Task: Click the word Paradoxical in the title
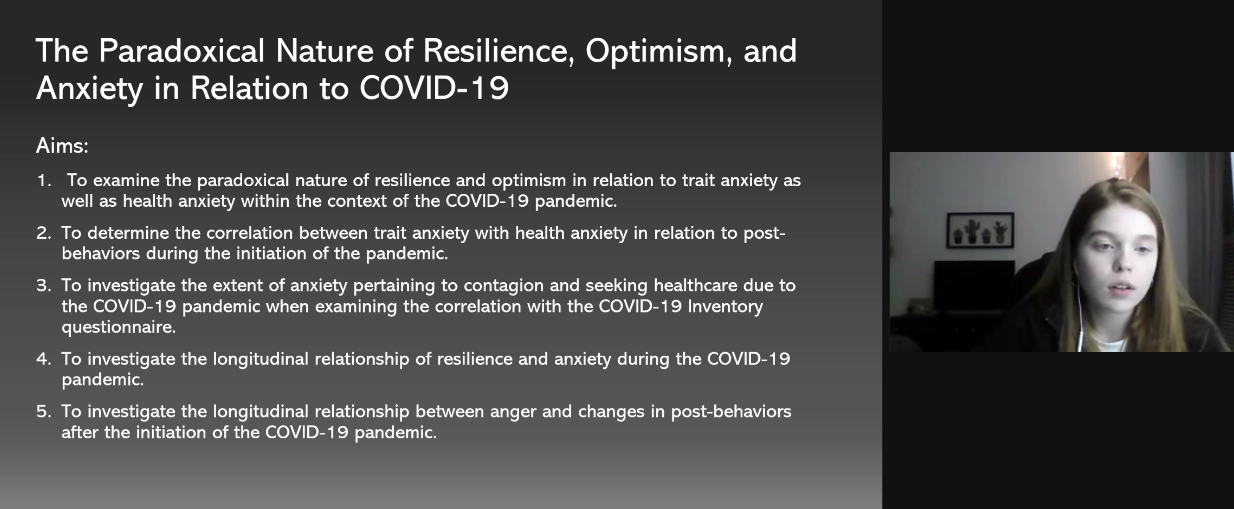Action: coord(181,51)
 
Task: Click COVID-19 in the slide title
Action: coord(434,88)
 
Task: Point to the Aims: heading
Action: coord(62,145)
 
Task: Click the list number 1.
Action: coord(44,180)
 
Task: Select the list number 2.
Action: coord(44,233)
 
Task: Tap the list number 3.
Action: coord(44,286)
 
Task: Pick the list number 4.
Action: coord(44,359)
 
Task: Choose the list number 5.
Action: coord(44,412)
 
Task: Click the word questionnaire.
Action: coord(118,328)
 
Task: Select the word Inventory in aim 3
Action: coord(725,307)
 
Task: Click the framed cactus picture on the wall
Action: coord(980,230)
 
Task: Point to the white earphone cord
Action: coord(1078,306)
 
